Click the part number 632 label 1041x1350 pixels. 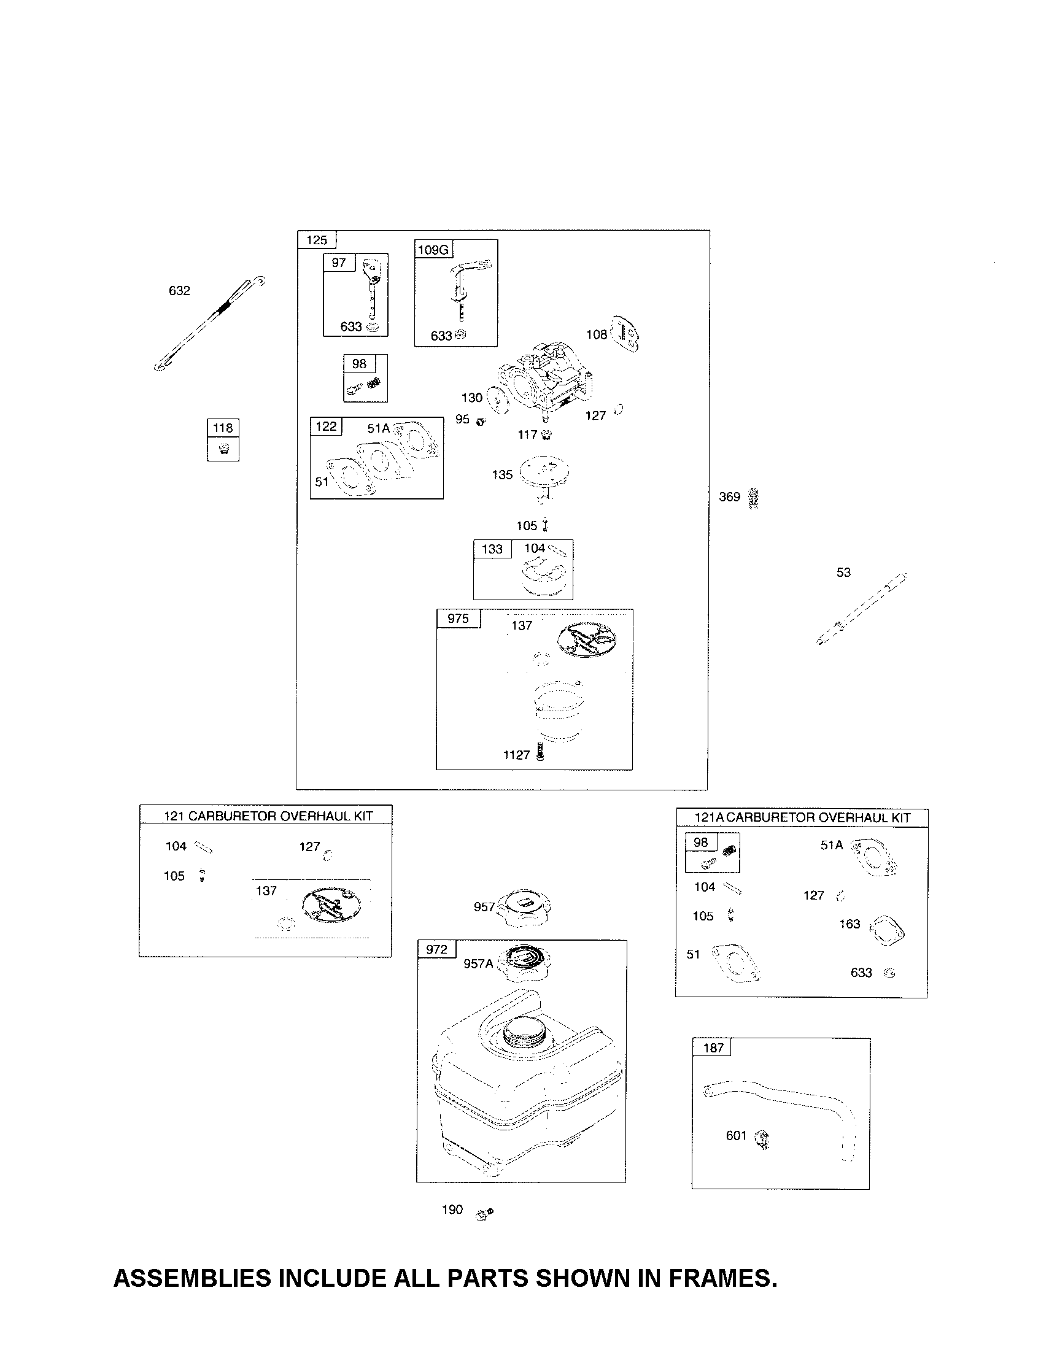point(179,290)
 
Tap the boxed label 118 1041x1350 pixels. point(223,428)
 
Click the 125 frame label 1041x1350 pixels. point(317,240)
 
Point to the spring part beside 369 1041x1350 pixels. point(753,498)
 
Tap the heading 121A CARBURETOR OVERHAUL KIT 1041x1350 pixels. point(802,818)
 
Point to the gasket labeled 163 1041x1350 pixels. point(887,931)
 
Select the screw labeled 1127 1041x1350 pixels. point(541,752)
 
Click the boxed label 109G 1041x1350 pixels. point(433,250)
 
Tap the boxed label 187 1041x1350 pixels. point(713,1047)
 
